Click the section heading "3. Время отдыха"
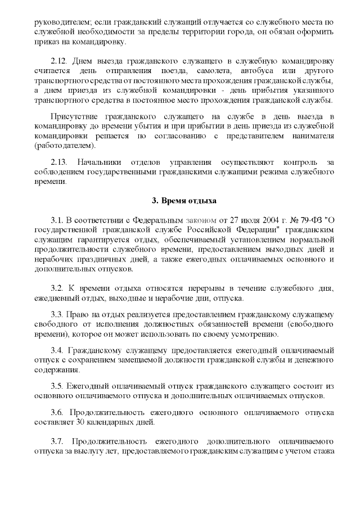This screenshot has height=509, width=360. (180, 201)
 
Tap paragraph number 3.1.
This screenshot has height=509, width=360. (58, 219)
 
